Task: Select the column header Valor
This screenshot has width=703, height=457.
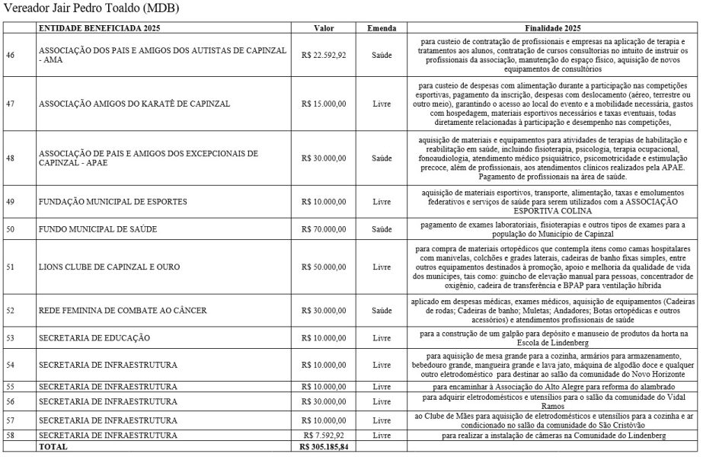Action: (324, 27)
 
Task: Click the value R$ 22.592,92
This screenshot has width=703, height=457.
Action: (324, 55)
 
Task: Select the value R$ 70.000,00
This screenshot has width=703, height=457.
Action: (324, 228)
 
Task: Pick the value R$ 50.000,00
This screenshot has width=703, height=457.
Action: (324, 267)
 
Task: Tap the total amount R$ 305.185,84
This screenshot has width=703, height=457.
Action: (324, 447)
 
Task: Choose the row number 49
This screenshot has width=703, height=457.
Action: (11, 202)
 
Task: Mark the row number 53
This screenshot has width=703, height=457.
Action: (11, 337)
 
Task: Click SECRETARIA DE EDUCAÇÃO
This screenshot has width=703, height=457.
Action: (94, 337)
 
